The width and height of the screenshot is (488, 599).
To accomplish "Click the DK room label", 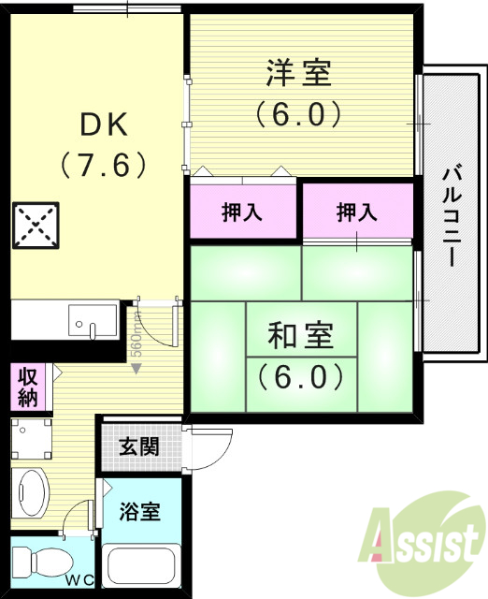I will click(x=103, y=124).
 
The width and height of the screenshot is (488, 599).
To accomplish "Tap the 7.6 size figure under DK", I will click(x=103, y=166).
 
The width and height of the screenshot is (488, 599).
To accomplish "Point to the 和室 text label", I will click(x=300, y=335).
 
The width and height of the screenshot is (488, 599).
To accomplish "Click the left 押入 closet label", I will click(x=242, y=212).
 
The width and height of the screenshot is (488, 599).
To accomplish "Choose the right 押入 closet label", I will click(x=357, y=212).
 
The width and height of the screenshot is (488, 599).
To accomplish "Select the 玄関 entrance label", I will click(x=137, y=446).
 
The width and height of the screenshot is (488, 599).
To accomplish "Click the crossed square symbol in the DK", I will click(x=35, y=226).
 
